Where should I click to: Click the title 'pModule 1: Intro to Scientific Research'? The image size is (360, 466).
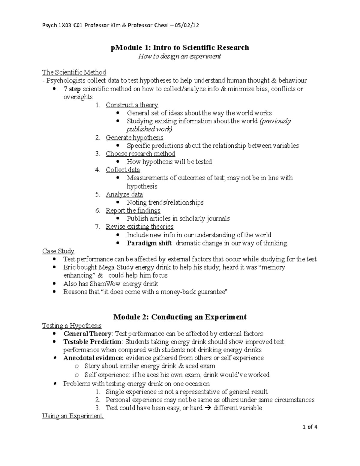[x=180, y=47]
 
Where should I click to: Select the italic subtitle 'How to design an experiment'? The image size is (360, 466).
[x=179, y=56]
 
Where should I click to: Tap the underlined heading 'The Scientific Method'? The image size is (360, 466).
[x=74, y=72]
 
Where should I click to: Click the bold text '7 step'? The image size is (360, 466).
[x=72, y=89]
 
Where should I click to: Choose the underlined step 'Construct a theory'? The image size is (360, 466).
[x=132, y=105]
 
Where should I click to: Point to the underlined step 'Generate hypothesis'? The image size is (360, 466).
[x=134, y=138]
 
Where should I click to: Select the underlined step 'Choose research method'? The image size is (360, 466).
[x=140, y=154]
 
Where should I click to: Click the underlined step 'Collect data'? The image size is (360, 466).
[x=123, y=170]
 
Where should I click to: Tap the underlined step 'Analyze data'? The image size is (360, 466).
[x=124, y=194]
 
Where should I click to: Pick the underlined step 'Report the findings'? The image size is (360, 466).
[x=133, y=211]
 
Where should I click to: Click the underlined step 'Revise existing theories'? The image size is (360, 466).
[x=139, y=227]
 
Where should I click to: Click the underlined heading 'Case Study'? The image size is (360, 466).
[x=58, y=251]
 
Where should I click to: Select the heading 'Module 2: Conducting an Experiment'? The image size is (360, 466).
[x=180, y=317]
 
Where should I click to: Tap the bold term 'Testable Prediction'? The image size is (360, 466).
[x=92, y=342]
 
